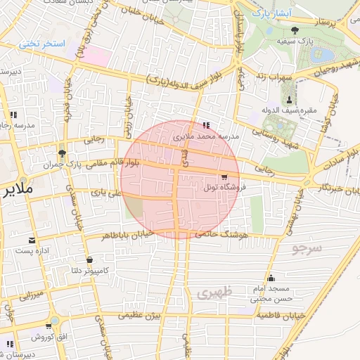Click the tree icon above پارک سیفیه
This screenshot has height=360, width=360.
click(x=294, y=30)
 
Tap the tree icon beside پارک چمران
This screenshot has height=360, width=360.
click(x=63, y=153)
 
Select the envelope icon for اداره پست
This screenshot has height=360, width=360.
click(x=31, y=240)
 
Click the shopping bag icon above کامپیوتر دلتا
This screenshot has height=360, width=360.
click(x=89, y=259)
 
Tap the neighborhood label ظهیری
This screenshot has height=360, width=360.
click(x=213, y=293)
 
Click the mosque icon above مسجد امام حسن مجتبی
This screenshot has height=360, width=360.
click(x=271, y=278)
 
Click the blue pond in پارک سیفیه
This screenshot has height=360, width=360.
click(x=325, y=54)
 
